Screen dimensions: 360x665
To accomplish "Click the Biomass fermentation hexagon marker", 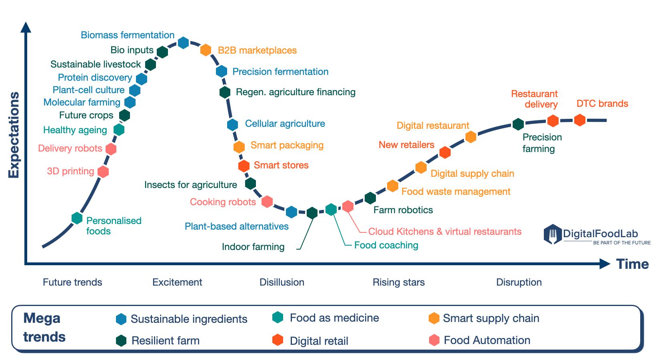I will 183,42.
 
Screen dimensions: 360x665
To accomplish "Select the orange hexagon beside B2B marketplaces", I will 206,50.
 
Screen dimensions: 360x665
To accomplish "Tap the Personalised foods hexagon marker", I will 77,218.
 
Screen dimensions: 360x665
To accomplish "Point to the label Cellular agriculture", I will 285,124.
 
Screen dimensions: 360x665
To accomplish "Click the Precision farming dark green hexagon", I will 518,124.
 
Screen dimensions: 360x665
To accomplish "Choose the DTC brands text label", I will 602,104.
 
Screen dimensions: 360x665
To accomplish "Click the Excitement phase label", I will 177,282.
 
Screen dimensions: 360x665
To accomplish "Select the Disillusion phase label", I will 282,282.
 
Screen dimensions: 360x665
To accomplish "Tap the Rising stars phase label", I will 399,282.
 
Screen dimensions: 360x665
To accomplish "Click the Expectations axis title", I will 14,135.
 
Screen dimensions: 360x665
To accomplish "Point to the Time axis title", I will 632,264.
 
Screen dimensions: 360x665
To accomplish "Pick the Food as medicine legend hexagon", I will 278,318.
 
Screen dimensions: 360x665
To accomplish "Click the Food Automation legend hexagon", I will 434,340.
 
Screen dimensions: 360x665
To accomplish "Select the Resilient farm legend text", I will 166,341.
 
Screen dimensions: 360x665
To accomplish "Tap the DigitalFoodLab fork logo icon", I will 552,234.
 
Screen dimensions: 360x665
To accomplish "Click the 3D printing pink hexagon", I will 103,172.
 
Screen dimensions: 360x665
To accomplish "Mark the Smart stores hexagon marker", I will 244,166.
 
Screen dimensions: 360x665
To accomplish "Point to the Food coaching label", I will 386,245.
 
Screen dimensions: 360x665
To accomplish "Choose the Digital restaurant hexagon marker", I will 471,137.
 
